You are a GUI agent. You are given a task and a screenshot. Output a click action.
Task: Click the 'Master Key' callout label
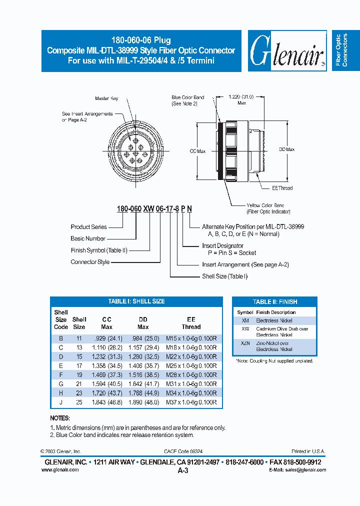click(x=106, y=98)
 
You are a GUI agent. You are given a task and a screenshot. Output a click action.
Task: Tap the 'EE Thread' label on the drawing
click(x=282, y=188)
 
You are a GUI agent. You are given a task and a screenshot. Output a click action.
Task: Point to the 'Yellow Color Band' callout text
click(x=265, y=205)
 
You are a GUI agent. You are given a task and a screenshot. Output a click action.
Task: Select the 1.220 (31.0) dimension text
click(x=241, y=96)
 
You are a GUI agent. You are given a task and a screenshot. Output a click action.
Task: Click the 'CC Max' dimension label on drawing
click(x=198, y=150)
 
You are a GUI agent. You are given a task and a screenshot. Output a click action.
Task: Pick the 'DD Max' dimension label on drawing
click(x=286, y=149)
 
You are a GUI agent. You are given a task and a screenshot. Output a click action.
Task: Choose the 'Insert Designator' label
click(x=222, y=245)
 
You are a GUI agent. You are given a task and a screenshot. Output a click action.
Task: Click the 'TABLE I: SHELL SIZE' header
click(x=136, y=301)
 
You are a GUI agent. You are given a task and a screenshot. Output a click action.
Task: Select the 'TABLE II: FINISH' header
click(x=274, y=302)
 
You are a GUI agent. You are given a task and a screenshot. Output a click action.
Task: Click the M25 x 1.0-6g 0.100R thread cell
click(x=191, y=366)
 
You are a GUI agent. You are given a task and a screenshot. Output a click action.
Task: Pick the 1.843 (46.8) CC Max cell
click(x=107, y=402)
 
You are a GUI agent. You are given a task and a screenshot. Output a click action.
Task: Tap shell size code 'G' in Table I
click(x=60, y=384)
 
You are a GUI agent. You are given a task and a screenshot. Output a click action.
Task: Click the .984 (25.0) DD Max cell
click(x=143, y=338)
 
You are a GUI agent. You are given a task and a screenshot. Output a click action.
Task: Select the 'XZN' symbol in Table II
click(x=245, y=343)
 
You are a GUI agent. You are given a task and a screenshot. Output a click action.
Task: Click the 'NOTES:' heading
click(x=60, y=418)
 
